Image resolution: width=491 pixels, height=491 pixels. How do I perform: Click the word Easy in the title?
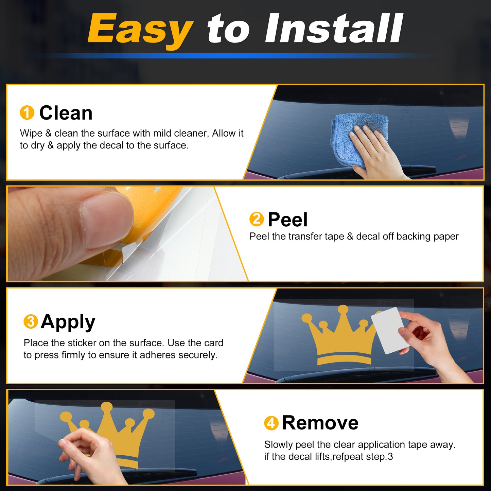coord(140,30)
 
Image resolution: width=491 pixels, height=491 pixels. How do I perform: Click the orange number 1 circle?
coord(27,112)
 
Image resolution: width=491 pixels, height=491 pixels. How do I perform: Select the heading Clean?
coord(66,113)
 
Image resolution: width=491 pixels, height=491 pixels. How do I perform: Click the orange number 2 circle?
coord(257,219)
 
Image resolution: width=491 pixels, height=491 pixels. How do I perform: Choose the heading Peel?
coord(288,220)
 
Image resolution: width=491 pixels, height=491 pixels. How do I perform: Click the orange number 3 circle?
coord(31,321)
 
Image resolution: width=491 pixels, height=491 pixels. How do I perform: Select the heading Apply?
coord(68,322)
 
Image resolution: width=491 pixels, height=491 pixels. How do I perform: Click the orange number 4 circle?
coord(271,423)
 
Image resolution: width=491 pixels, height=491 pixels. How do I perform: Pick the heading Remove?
coord(320,423)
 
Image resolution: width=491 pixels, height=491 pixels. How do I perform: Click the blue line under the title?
coord(236,55)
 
